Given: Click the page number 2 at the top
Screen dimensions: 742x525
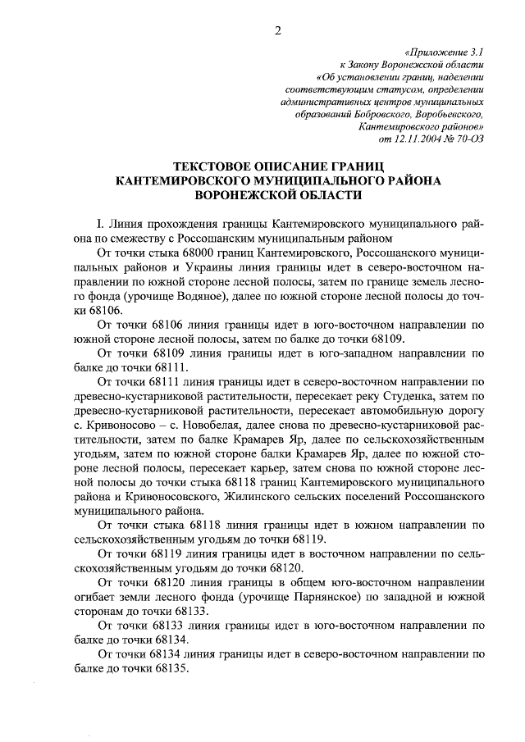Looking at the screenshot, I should tap(277, 32).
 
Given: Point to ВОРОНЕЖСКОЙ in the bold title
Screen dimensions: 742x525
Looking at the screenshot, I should tap(253, 197).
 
